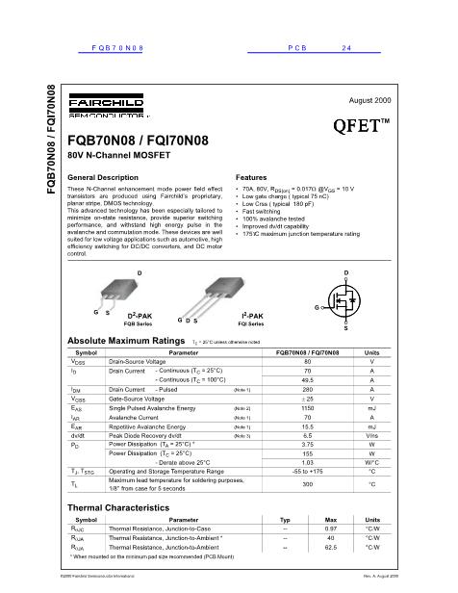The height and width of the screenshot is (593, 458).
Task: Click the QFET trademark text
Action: tap(361, 125)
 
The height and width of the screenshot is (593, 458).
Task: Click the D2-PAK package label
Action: tap(140, 315)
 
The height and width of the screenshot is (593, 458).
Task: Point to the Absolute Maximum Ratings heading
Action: tap(125, 341)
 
